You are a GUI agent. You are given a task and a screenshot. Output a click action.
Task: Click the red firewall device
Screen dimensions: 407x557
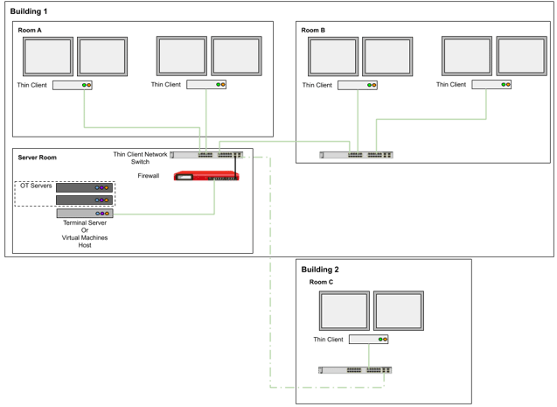point(206,177)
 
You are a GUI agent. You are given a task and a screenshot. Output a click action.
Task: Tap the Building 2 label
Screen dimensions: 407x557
point(320,270)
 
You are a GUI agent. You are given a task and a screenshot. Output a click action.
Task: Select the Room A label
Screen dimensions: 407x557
point(31,31)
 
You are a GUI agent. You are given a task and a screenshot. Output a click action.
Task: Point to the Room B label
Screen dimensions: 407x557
point(313,31)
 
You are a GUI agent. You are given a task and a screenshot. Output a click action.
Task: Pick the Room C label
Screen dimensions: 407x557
point(321,282)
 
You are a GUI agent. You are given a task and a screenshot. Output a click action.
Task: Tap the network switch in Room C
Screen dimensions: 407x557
point(356,369)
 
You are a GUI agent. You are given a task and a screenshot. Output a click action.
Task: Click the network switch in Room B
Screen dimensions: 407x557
point(358,155)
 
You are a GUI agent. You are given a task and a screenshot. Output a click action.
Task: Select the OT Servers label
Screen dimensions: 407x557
point(36,186)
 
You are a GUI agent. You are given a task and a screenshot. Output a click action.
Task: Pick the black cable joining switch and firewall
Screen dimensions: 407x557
point(236,165)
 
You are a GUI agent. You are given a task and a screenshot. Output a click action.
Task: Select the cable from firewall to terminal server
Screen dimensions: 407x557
point(214,200)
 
